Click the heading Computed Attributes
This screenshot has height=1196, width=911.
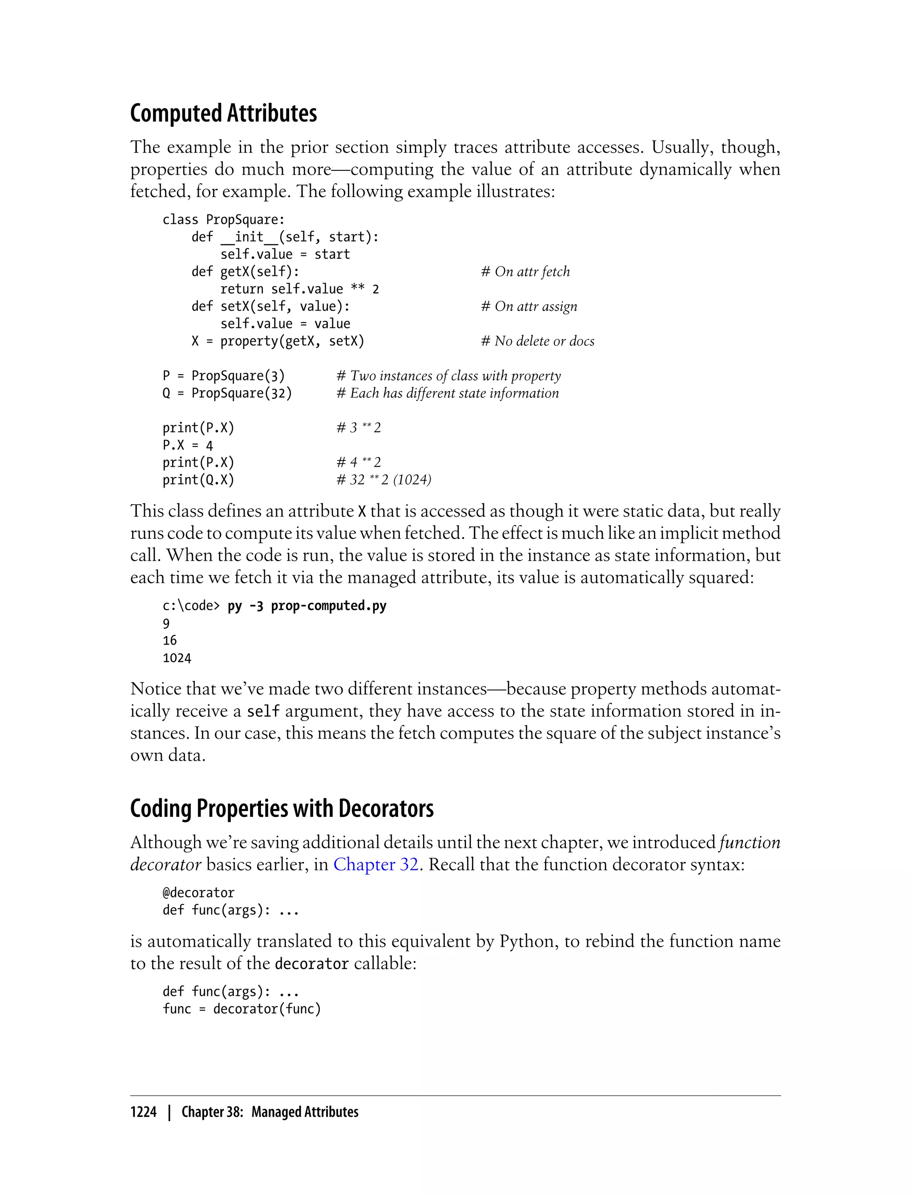(223, 113)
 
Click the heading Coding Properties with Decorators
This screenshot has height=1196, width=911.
(282, 809)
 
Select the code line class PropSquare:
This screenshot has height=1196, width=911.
(223, 220)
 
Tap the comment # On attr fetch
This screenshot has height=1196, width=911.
(525, 272)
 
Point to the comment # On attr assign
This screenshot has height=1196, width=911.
(529, 307)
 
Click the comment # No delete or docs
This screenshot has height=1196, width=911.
(537, 341)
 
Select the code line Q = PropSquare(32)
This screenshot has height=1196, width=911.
(227, 393)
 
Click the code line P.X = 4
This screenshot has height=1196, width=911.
(188, 445)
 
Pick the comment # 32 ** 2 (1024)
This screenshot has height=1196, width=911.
(383, 480)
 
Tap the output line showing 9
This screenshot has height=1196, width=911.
(166, 623)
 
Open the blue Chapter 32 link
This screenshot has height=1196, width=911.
(376, 865)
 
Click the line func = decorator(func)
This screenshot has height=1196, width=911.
(242, 1009)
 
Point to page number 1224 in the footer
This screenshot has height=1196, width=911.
(143, 1112)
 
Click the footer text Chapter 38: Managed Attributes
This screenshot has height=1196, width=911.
(270, 1112)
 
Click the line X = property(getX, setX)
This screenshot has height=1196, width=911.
(278, 341)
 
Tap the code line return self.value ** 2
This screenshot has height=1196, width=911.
(299, 289)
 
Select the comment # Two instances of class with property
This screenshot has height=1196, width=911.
(448, 376)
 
